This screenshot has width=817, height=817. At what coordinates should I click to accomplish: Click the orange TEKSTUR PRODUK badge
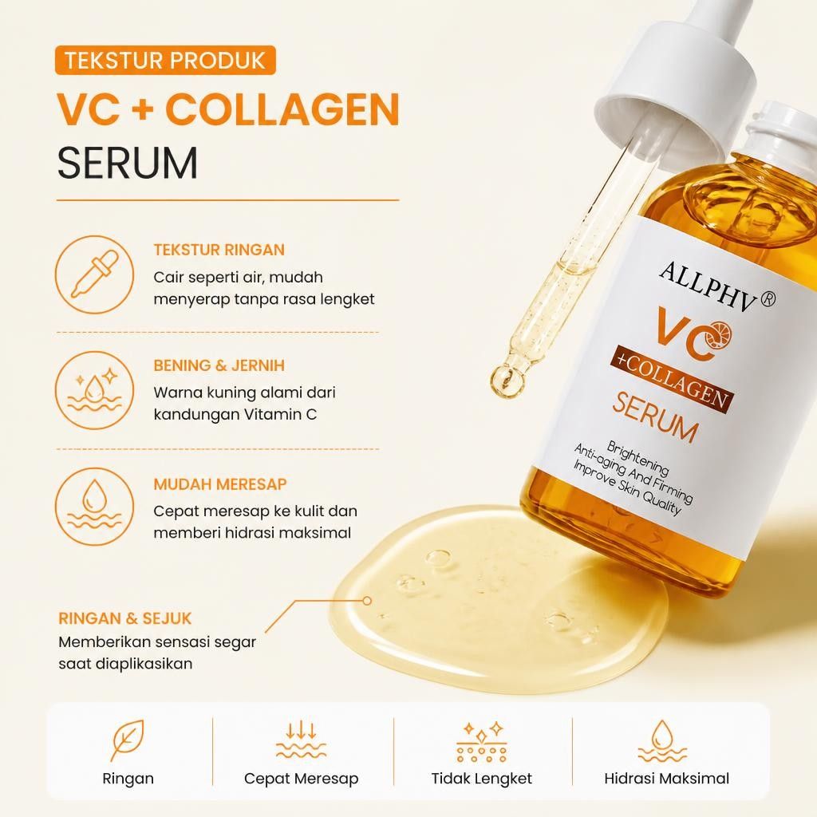click(165, 61)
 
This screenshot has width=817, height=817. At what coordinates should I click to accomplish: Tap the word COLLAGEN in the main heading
click(282, 109)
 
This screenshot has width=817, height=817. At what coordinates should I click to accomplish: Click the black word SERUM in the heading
click(128, 163)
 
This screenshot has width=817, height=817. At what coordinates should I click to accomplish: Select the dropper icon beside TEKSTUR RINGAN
click(94, 274)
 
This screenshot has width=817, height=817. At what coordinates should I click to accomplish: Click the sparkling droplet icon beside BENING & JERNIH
click(94, 390)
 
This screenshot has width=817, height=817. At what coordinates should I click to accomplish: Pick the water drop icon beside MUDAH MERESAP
click(94, 507)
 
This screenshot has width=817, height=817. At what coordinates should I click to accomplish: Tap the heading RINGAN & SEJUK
click(125, 618)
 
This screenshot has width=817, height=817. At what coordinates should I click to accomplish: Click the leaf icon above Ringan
click(128, 740)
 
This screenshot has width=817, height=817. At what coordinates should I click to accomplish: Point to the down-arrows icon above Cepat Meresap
click(301, 740)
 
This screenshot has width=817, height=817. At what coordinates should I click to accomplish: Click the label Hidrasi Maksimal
click(666, 779)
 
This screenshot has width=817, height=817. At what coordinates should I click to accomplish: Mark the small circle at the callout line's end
click(367, 601)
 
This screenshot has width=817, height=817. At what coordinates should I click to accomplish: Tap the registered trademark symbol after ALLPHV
click(768, 298)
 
